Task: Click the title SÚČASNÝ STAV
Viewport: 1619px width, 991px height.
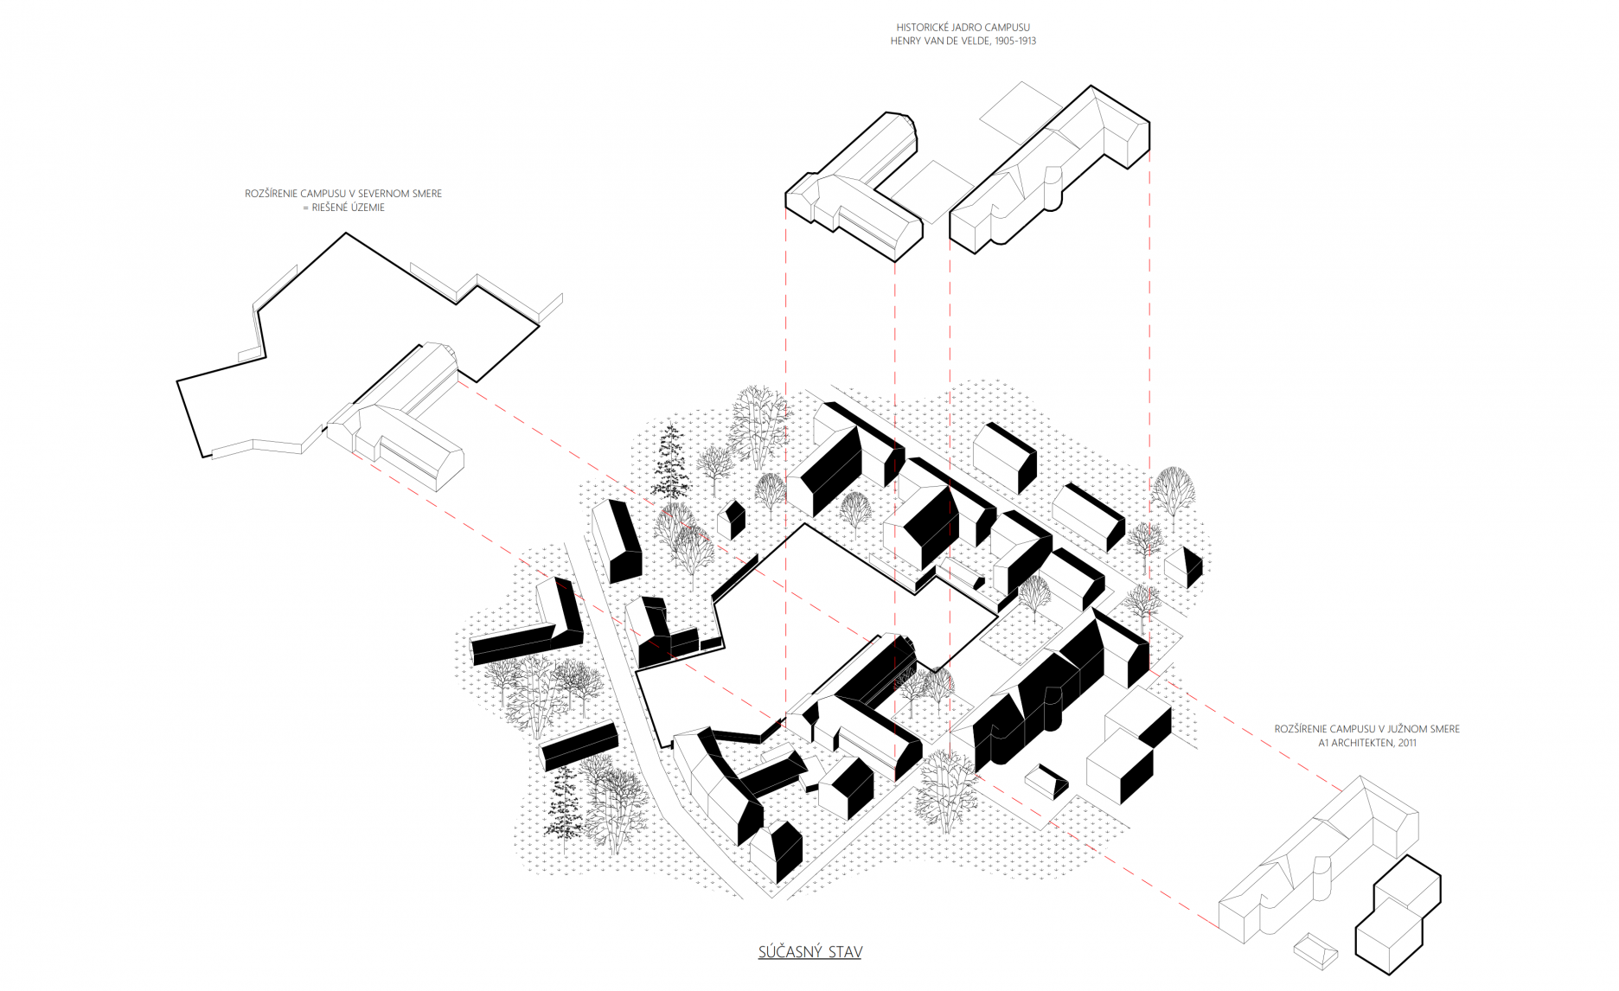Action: point(809,952)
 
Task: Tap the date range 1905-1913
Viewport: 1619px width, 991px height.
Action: point(1015,41)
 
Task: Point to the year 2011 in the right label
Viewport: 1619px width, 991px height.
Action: point(1407,743)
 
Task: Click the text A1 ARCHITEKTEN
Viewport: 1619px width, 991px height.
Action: point(1356,743)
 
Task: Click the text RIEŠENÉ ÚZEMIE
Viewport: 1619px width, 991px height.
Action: point(349,208)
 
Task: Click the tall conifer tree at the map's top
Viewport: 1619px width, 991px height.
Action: point(669,463)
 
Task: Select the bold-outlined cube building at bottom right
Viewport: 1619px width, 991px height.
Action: point(1398,917)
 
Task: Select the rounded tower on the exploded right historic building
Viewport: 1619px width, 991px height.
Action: point(1053,189)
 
